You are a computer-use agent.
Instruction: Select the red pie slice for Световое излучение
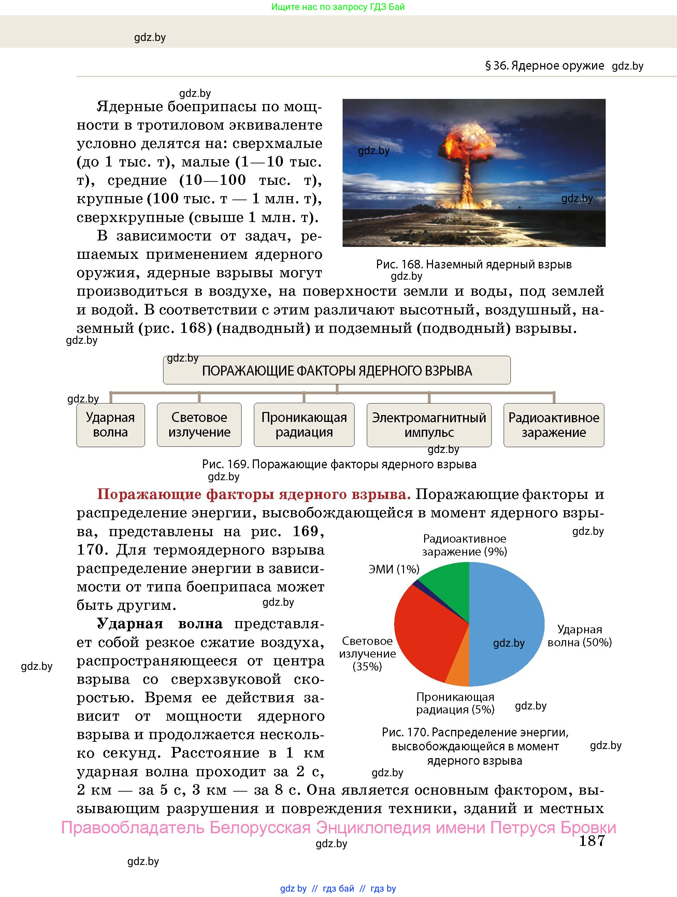(x=426, y=633)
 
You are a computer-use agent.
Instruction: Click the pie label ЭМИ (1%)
(x=393, y=569)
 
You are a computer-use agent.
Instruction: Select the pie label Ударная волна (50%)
(x=579, y=635)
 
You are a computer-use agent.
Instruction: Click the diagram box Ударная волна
(x=110, y=425)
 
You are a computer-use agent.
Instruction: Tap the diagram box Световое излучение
(x=199, y=425)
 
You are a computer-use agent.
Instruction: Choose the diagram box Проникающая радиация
(x=304, y=425)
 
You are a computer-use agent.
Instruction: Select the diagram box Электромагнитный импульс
(x=429, y=425)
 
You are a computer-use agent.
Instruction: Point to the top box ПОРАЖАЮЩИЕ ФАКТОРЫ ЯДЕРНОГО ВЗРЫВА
(x=337, y=370)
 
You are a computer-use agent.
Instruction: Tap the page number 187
(x=591, y=841)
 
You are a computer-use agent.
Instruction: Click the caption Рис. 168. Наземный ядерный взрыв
(x=473, y=264)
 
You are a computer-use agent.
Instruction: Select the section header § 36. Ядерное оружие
(x=544, y=66)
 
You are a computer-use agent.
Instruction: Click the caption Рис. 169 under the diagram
(x=339, y=464)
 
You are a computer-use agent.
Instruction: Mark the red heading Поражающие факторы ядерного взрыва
(x=254, y=494)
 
